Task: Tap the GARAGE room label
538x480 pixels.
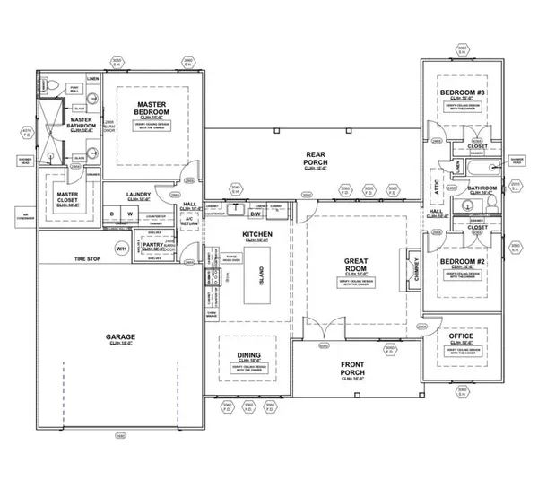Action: (115, 336)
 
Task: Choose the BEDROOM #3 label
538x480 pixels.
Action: (463, 93)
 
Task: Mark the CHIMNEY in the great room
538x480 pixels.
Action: (414, 266)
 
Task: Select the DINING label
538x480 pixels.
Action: (248, 355)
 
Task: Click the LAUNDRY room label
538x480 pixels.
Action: (138, 194)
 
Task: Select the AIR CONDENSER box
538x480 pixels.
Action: (20, 215)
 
